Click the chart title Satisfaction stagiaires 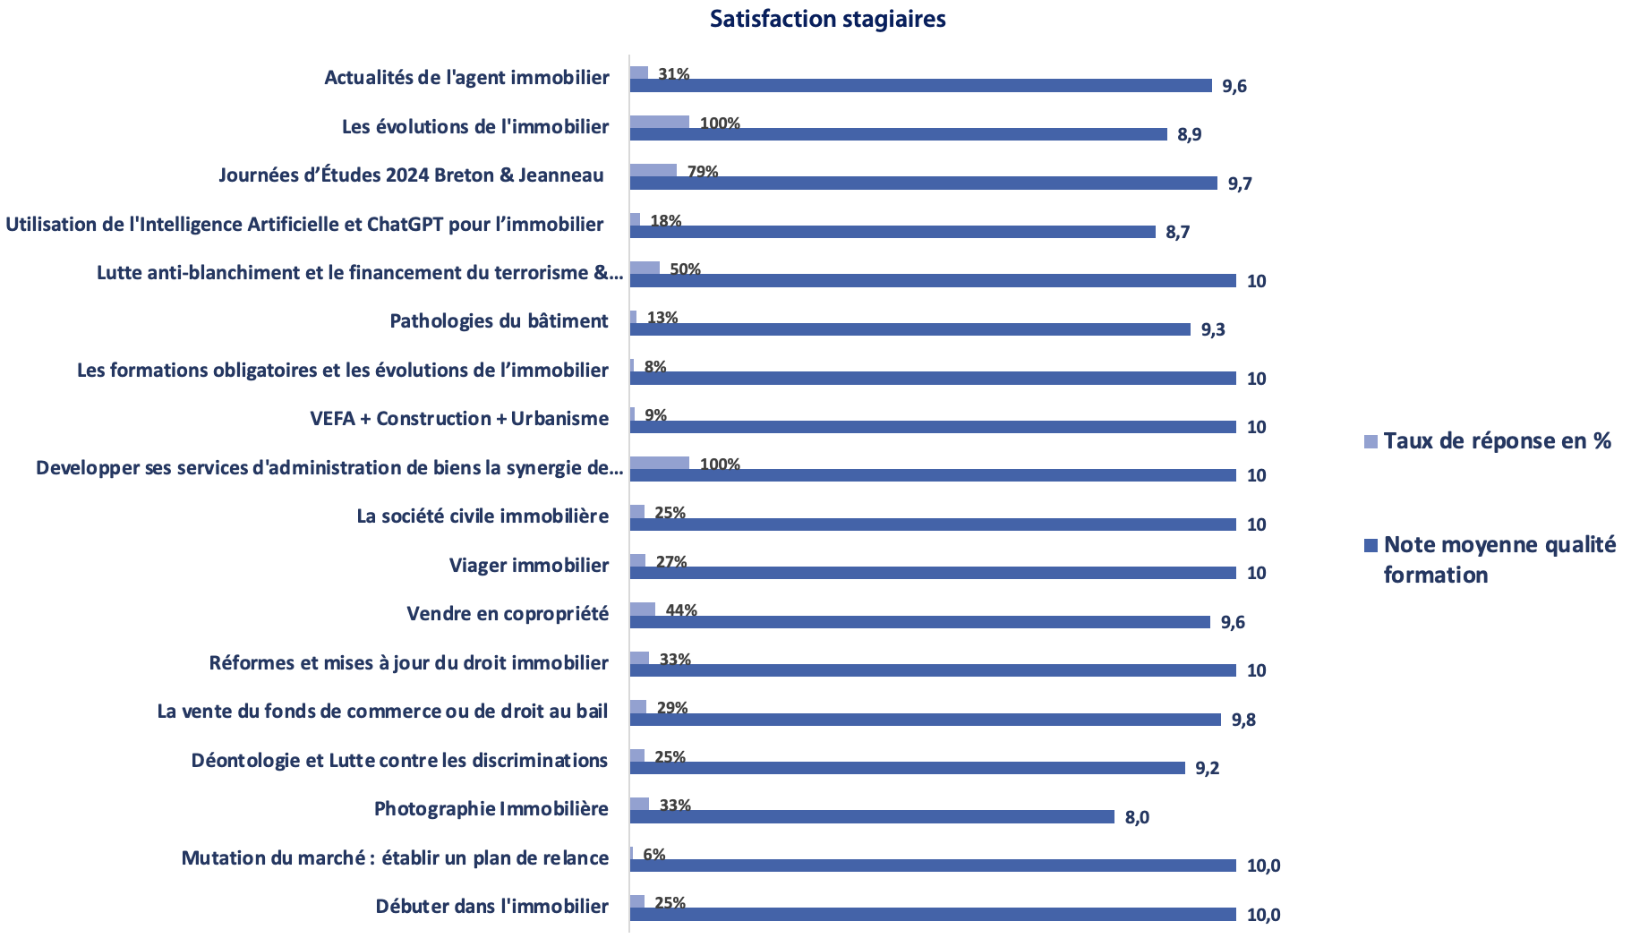click(x=827, y=19)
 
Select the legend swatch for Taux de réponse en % click(x=1371, y=441)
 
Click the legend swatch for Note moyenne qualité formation click(x=1371, y=545)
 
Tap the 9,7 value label click(x=1240, y=184)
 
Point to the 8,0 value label click(x=1137, y=817)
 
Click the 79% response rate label click(x=703, y=172)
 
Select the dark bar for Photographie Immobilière click(x=872, y=817)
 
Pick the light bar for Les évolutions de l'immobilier click(x=660, y=123)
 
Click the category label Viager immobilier click(x=529, y=566)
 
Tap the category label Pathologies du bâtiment click(x=499, y=321)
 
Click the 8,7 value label click(x=1177, y=233)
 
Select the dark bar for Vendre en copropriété click(x=920, y=622)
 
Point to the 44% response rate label click(x=681, y=610)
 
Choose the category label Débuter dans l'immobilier click(x=492, y=907)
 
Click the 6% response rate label click(x=654, y=855)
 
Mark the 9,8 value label click(x=1243, y=721)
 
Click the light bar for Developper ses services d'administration click(x=660, y=464)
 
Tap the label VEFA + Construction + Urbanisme click(x=459, y=419)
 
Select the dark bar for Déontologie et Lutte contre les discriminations click(x=908, y=768)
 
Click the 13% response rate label click(x=662, y=318)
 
